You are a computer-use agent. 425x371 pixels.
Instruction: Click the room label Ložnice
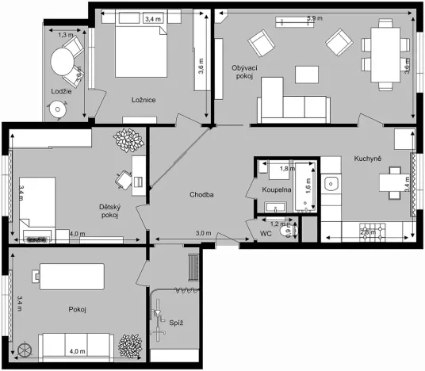(143, 100)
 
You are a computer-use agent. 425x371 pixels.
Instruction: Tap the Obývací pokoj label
(242, 71)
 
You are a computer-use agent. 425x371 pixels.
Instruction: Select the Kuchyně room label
(368, 159)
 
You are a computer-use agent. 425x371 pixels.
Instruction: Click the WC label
(266, 233)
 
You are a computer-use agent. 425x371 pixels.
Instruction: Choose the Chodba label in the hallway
(202, 194)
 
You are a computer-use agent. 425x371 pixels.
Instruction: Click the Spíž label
(177, 323)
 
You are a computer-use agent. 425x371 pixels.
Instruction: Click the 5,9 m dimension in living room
(315, 17)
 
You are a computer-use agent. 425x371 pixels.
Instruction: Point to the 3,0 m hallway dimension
(203, 233)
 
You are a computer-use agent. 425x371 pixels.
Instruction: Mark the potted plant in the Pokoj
(128, 346)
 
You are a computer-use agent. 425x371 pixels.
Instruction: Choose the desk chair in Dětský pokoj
(122, 180)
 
